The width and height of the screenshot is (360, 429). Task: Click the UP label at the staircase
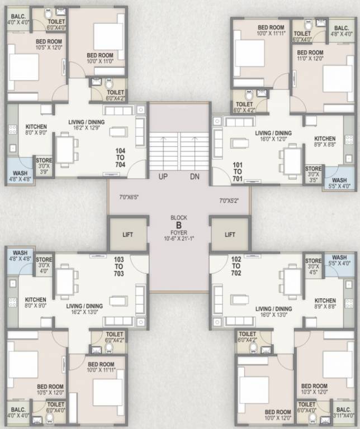click(164, 177)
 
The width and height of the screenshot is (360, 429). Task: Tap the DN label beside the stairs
click(195, 177)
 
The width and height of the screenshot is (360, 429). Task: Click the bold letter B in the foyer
click(179, 226)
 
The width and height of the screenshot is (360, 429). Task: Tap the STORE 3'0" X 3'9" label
click(44, 166)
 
